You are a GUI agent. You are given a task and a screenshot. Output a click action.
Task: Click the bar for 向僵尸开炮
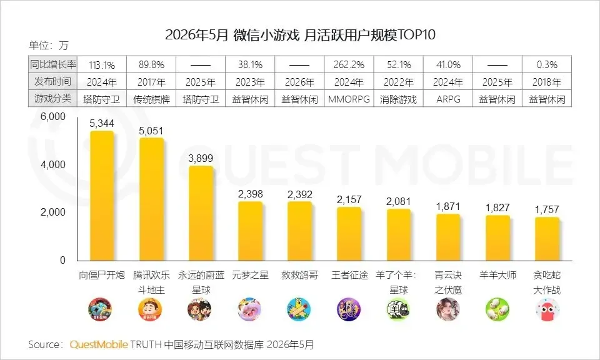click(x=102, y=196)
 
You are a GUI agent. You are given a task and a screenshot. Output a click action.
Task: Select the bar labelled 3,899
click(x=201, y=214)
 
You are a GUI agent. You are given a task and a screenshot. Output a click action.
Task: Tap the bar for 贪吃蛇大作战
click(x=547, y=239)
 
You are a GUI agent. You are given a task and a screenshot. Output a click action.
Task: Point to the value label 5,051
click(x=151, y=131)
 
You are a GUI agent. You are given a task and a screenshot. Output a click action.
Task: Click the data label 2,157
click(x=349, y=199)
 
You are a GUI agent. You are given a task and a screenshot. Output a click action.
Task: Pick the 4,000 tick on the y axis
click(x=53, y=164)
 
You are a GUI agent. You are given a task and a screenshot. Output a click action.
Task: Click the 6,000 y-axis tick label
click(x=53, y=116)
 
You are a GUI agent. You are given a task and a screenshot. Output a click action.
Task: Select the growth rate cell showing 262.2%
click(x=349, y=64)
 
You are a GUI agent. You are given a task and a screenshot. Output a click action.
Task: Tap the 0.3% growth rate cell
click(x=547, y=64)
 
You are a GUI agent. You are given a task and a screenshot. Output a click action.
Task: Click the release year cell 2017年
click(x=151, y=82)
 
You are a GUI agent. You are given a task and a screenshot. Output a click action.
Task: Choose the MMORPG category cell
click(x=349, y=99)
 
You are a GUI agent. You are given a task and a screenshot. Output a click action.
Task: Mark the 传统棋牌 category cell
click(x=151, y=99)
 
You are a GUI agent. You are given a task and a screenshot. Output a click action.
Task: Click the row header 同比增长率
click(x=52, y=64)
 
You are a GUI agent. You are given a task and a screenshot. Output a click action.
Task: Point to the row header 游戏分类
click(x=52, y=99)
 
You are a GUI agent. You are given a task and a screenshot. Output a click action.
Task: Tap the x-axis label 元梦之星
click(x=250, y=275)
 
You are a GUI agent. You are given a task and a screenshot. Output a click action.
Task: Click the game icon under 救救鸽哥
click(x=299, y=309)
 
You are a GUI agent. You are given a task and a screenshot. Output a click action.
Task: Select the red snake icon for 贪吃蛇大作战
click(x=547, y=309)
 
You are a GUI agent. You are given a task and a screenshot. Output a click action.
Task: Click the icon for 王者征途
click(x=349, y=309)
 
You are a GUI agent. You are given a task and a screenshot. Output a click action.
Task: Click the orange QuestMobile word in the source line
click(x=98, y=344)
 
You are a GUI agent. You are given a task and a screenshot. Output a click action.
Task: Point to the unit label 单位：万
click(x=48, y=46)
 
